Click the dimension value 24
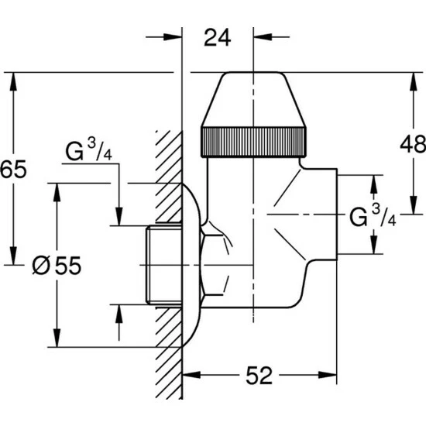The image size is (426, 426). [x=217, y=37]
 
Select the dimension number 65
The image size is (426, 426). [x=13, y=169]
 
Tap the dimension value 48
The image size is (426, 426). [x=413, y=144]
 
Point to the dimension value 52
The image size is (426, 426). [x=259, y=376]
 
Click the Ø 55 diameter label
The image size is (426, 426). [x=57, y=265]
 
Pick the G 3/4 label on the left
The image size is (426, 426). [x=88, y=150]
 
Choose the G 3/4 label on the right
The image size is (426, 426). [x=373, y=216]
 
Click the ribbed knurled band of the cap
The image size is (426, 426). [x=253, y=142]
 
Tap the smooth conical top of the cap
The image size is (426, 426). [x=253, y=99]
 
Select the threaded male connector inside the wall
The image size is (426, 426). [x=164, y=265]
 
